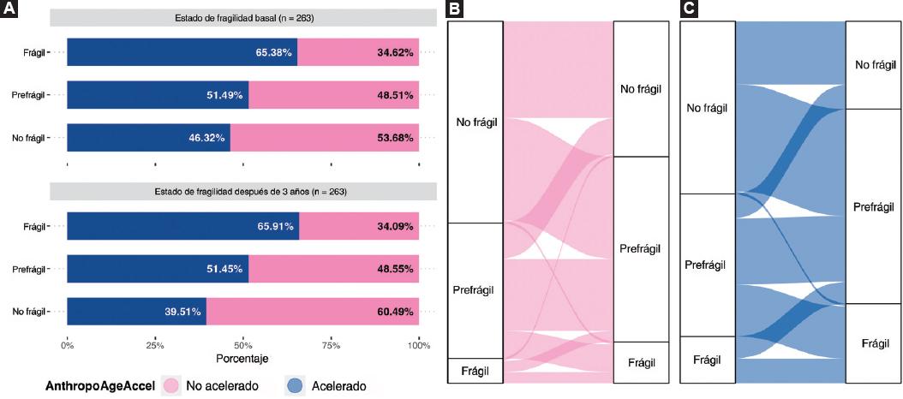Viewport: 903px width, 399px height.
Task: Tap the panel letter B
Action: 457,9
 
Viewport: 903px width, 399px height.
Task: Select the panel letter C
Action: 688,9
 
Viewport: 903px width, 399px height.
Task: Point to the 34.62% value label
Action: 395,52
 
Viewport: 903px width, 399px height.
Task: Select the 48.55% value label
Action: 395,269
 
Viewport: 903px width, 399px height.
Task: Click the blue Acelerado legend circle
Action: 278,386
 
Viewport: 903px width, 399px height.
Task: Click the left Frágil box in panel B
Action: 475,370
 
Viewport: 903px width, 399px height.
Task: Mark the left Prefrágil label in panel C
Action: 707,265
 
